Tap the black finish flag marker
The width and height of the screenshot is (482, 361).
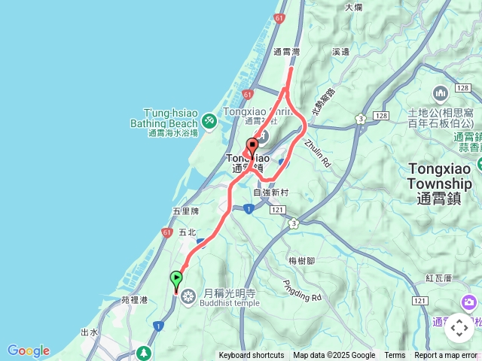point(252,146)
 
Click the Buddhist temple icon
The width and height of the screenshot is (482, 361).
point(188,294)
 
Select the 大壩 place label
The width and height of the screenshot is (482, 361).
point(354,7)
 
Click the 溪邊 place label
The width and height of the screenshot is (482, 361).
point(340,52)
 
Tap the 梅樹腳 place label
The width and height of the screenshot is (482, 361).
point(302,260)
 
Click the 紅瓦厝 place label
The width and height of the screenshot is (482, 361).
point(438,278)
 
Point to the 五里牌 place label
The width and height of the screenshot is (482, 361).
point(185,211)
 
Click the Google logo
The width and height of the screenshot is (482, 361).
point(28,350)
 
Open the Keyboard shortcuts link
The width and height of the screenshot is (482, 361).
point(251,356)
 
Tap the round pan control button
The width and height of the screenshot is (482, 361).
point(459,327)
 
